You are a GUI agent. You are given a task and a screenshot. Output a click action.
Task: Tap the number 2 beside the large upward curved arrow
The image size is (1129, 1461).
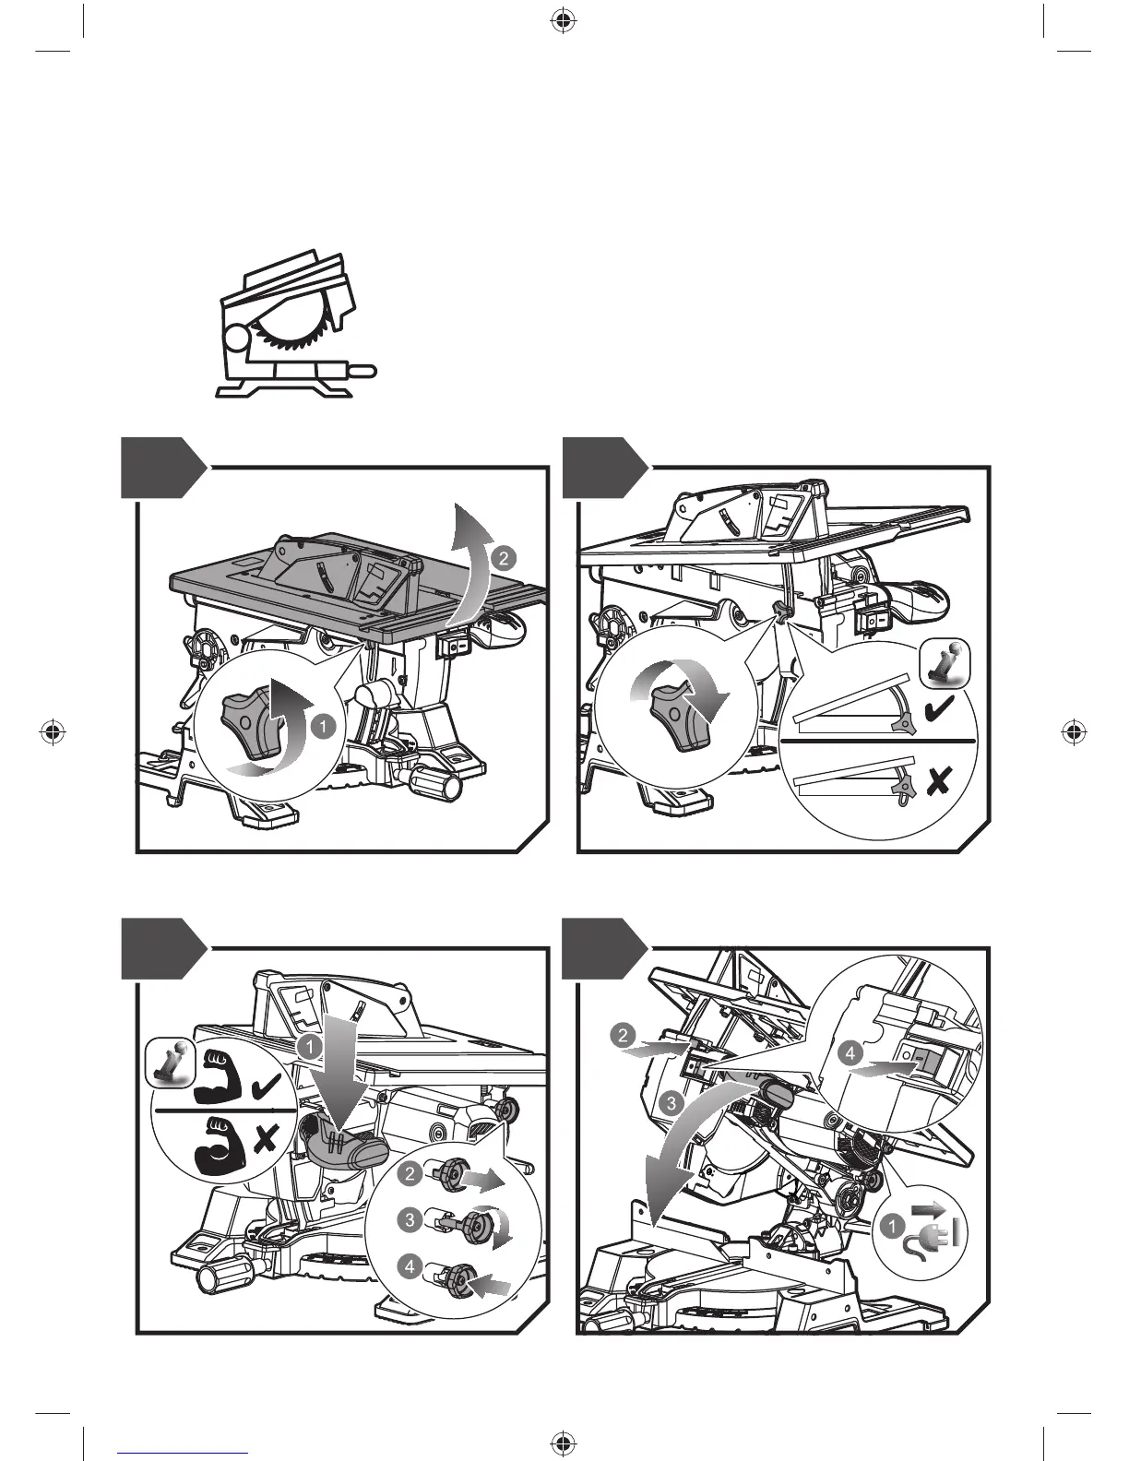(x=503, y=558)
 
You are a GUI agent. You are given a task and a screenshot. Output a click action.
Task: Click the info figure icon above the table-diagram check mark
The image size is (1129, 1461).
(x=945, y=663)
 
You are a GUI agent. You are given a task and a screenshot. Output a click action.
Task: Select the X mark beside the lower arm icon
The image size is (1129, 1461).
(x=266, y=1141)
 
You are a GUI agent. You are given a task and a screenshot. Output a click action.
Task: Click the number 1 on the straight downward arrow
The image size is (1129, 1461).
(x=310, y=1046)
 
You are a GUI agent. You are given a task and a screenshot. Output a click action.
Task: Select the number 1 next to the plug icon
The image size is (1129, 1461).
(x=891, y=1227)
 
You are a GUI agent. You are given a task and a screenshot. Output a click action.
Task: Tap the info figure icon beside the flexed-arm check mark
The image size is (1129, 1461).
(x=171, y=1058)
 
